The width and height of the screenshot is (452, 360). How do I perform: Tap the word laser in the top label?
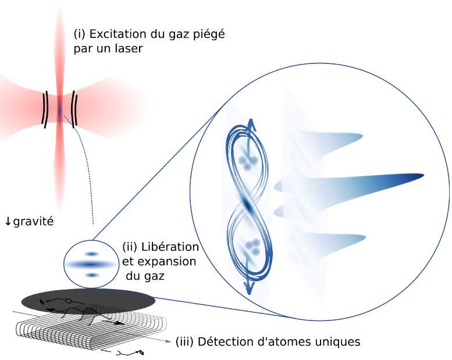coord(127,49)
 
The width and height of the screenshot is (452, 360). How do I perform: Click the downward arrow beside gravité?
coord(8,222)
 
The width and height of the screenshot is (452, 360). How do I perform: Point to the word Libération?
coord(170,247)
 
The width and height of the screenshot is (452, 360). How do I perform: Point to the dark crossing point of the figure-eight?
coord(248,205)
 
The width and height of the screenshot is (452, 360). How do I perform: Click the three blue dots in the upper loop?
coord(248,163)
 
